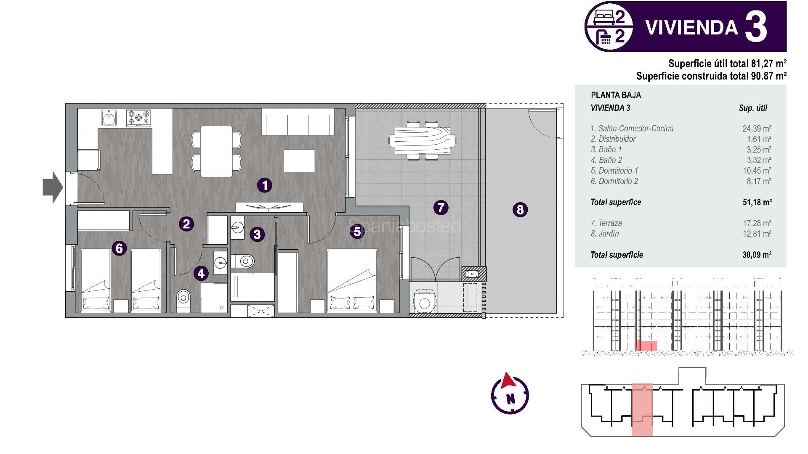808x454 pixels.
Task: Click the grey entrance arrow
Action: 53,187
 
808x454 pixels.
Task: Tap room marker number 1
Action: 265,185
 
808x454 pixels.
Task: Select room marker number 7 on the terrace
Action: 441,207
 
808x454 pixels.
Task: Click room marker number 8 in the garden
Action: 520,209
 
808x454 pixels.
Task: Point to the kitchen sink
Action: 109,118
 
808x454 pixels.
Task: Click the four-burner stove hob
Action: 139,118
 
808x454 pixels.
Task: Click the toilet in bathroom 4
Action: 183,299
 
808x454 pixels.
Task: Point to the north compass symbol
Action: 510,393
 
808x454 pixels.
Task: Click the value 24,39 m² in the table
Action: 757,129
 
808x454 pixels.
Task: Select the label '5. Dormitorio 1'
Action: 614,171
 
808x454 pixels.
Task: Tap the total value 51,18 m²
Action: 757,202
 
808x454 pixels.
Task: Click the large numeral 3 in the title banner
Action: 756,27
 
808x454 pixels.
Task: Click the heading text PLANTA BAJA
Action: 616,95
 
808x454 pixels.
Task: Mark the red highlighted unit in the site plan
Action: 642,410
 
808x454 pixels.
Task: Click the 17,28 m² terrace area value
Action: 757,223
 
